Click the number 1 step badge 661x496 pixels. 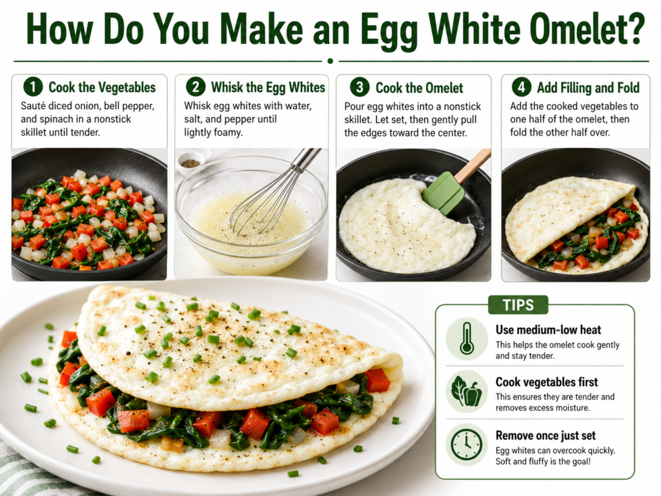(x=33, y=87)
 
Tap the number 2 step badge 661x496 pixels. (x=196, y=87)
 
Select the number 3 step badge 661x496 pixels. (x=360, y=87)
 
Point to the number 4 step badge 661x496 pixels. (x=522, y=87)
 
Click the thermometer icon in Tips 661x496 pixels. (x=467, y=338)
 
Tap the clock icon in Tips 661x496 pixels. (x=467, y=445)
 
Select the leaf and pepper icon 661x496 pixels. (x=466, y=392)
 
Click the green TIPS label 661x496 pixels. (x=518, y=305)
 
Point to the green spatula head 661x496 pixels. (x=443, y=192)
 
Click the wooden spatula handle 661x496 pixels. (x=473, y=165)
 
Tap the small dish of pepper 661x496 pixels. (x=190, y=161)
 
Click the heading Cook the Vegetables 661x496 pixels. (x=102, y=87)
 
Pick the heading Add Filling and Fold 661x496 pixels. (x=588, y=87)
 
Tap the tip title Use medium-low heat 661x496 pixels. (x=548, y=329)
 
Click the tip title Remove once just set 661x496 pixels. (x=545, y=435)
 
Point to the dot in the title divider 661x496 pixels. (x=330, y=61)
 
